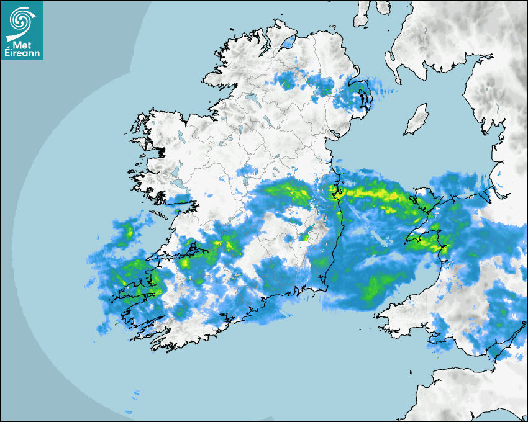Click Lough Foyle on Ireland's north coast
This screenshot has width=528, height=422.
coord(287,43)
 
